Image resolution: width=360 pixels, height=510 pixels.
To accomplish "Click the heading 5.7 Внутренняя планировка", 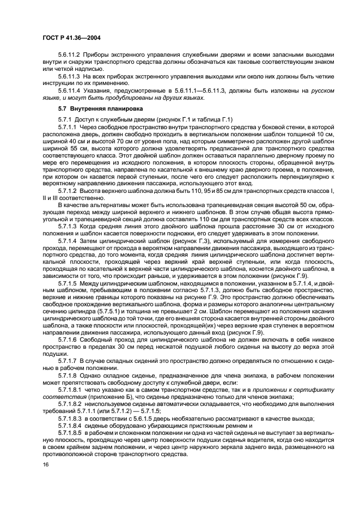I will click(89, 108).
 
